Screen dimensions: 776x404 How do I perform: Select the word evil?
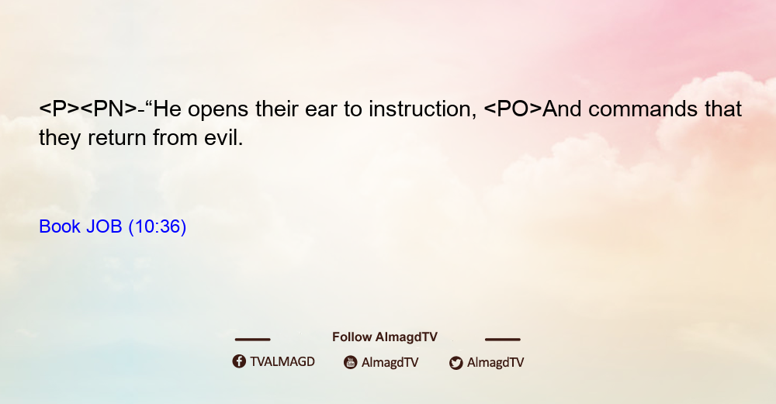[223, 137]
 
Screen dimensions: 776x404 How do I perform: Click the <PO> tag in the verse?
[513, 109]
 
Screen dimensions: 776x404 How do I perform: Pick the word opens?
[218, 111]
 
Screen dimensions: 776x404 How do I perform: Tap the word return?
[117, 137]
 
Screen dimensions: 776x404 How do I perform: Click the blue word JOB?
[104, 226]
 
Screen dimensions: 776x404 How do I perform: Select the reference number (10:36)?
[158, 226]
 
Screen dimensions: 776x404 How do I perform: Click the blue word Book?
[60, 226]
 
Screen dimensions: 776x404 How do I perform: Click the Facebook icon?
[239, 361]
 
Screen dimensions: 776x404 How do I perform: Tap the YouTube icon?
[351, 362]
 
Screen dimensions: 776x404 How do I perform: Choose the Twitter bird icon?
[456, 363]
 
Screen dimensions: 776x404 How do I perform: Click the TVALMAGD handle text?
[282, 361]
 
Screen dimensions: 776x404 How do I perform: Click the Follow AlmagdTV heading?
[385, 337]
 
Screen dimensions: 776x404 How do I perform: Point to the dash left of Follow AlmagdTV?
[252, 339]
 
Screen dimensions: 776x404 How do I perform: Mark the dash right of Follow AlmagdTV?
[502, 339]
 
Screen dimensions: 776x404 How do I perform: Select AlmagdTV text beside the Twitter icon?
[495, 362]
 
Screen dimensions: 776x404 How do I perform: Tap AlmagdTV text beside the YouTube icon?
[390, 362]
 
